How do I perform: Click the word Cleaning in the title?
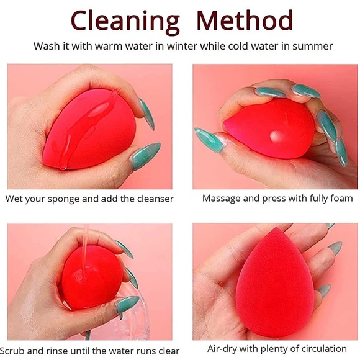pyautogui.click(x=125, y=22)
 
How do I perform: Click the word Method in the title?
pyautogui.click(x=245, y=20)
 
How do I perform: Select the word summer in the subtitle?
pyautogui.click(x=312, y=47)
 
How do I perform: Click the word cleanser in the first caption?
pyautogui.click(x=155, y=199)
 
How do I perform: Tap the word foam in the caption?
pyautogui.click(x=341, y=198)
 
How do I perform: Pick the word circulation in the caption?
pyautogui.click(x=324, y=349)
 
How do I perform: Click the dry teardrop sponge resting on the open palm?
pyautogui.click(x=275, y=283)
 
